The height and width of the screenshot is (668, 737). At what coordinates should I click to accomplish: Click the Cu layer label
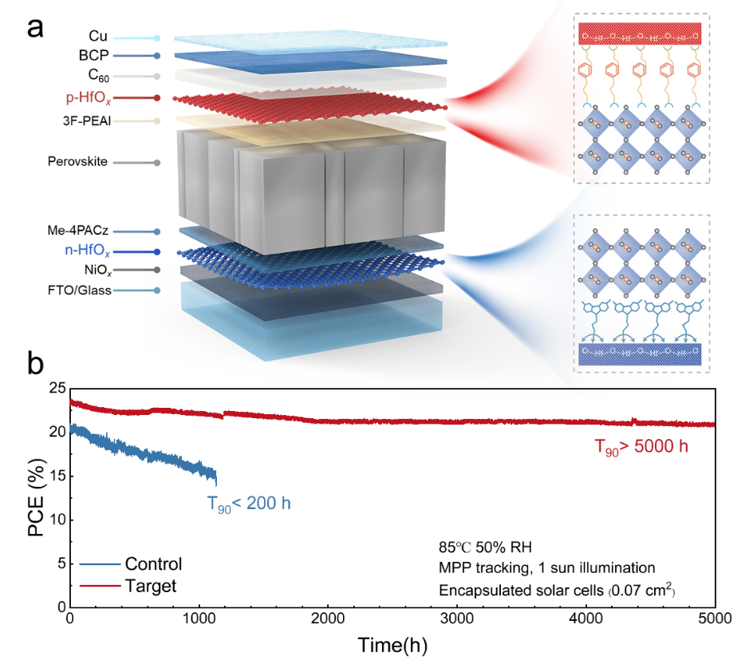point(98,38)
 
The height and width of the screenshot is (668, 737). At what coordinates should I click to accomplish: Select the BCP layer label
point(94,56)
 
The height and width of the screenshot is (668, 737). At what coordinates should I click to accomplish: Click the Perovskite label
point(79,163)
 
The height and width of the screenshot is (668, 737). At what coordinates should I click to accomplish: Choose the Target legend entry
point(151,585)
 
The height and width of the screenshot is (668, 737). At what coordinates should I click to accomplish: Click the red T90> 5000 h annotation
point(640,447)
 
